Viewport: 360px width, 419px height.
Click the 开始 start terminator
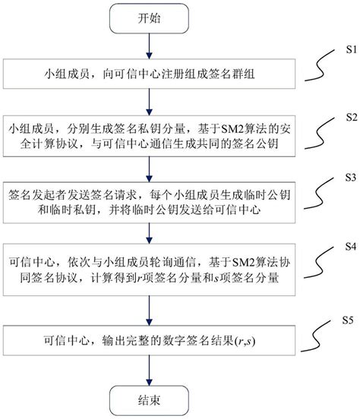point(147,17)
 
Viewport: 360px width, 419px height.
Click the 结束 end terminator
point(147,398)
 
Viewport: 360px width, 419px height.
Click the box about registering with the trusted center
point(147,75)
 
